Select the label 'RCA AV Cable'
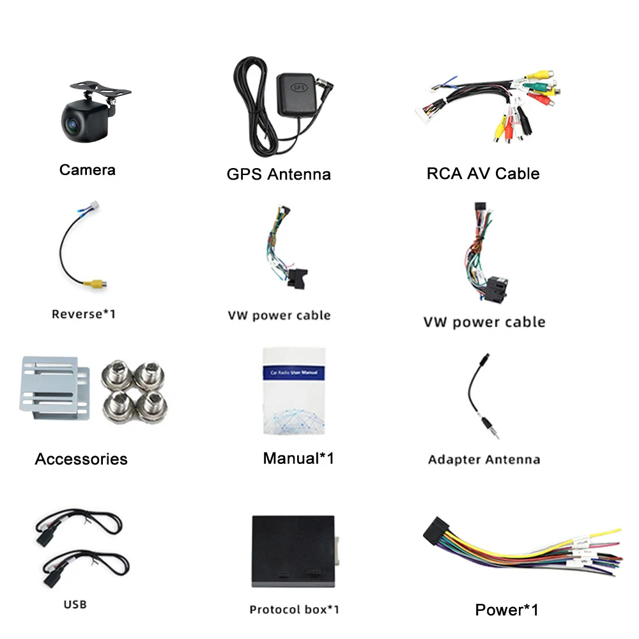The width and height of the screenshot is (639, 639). pos(482,173)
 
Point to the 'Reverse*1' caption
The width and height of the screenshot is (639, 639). pos(84,314)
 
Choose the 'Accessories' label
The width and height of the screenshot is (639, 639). pos(81,459)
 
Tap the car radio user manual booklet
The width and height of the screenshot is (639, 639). pos(295,390)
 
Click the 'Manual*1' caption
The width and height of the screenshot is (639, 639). pos(298,458)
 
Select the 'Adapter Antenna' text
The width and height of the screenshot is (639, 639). pos(484,459)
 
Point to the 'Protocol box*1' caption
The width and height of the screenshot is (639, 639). pos(294,609)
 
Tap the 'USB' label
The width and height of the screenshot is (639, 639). pos(75,604)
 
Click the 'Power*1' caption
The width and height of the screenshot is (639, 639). pos(507,610)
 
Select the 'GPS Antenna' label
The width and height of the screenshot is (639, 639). pos(279,174)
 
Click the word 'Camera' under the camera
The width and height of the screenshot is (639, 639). pos(88,170)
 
